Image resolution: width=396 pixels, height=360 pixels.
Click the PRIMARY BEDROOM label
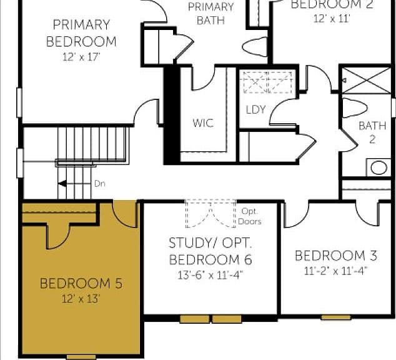click(81, 33)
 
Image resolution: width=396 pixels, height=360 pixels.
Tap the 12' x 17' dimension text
click(81, 57)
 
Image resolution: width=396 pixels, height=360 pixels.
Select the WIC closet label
click(203, 123)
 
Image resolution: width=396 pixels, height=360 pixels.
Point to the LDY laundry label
click(255, 109)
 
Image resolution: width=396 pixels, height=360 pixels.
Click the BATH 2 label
click(372, 132)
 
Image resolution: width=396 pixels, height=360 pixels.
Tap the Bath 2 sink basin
click(379, 167)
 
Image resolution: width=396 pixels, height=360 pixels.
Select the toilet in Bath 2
click(354, 108)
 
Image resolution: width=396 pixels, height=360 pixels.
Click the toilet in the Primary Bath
click(255, 46)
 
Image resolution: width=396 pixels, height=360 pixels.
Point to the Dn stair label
click(100, 184)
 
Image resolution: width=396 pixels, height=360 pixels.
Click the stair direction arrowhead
click(62, 184)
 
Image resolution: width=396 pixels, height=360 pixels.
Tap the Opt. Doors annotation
click(249, 216)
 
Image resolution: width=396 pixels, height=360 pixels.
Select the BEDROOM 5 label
click(81, 284)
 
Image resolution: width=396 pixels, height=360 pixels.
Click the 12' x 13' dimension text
click(81, 299)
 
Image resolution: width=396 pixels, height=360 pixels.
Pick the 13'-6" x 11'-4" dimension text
click(210, 275)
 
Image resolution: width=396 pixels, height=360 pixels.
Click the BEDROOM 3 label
click(336, 256)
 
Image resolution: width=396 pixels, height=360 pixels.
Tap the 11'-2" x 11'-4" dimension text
click(336, 271)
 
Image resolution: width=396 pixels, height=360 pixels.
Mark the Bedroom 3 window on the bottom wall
click(335, 317)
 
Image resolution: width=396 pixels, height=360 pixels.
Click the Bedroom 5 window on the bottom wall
click(81, 357)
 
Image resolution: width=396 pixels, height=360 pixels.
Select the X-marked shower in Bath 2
click(366, 81)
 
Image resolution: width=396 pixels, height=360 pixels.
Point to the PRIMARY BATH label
click(210, 13)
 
